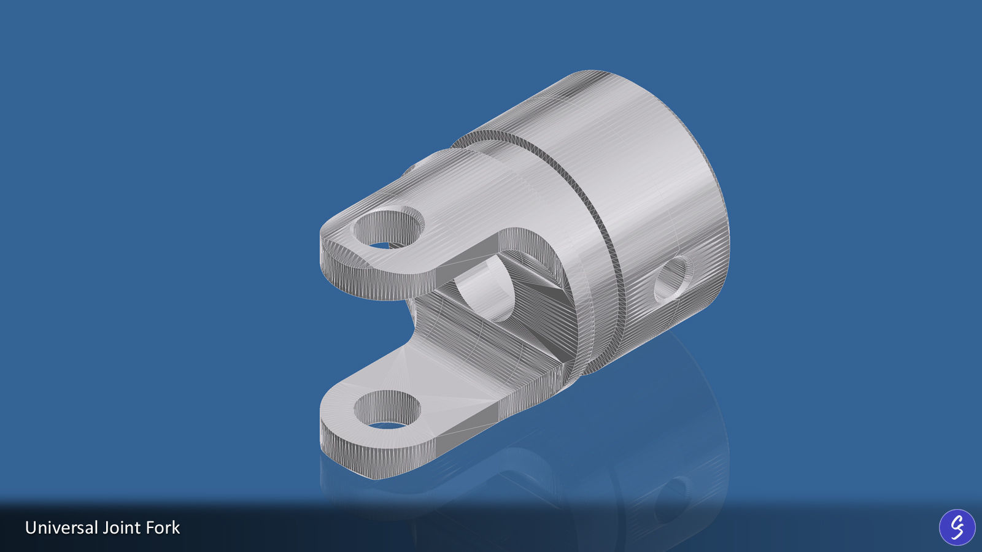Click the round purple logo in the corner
(957, 527)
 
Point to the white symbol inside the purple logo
(957, 527)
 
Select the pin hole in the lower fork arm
(387, 409)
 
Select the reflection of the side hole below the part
(672, 497)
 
